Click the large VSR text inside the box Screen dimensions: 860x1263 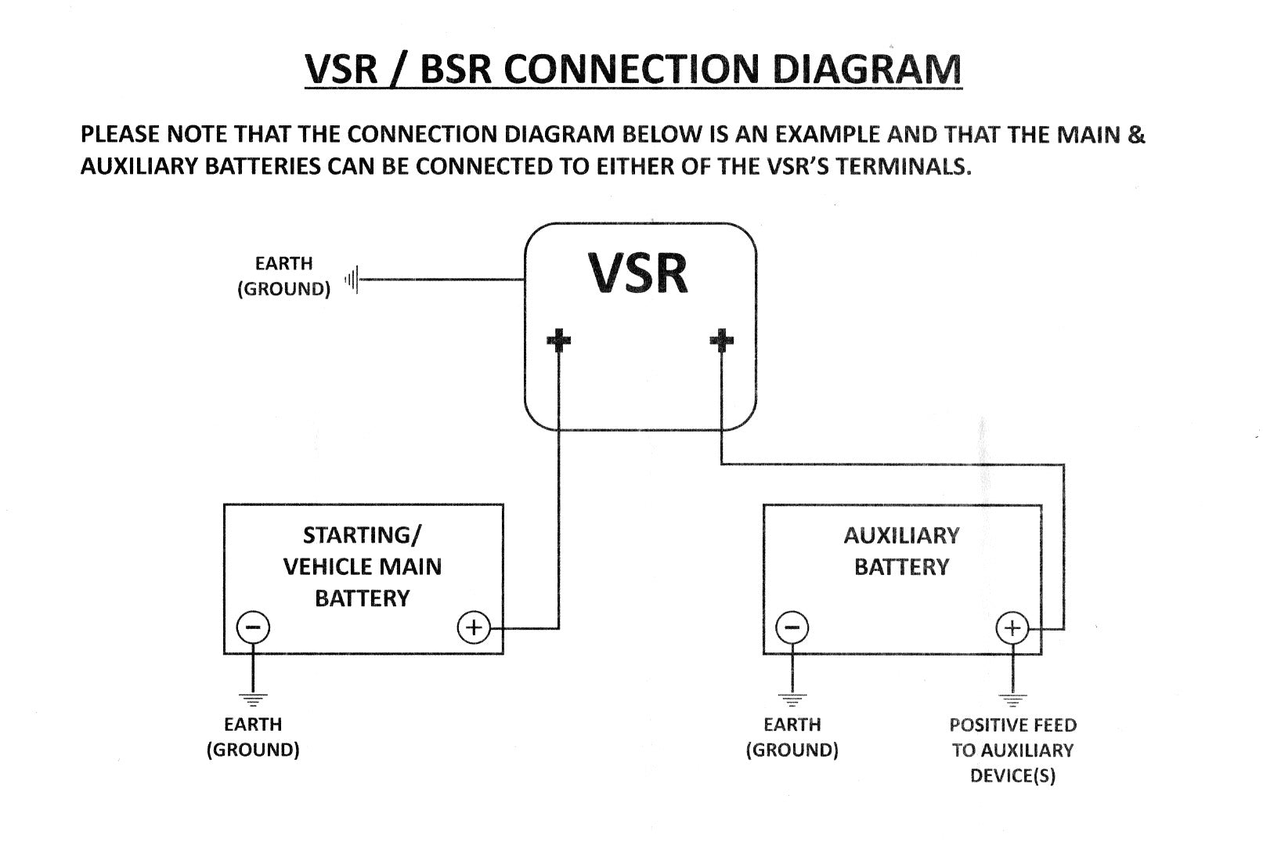pos(639,273)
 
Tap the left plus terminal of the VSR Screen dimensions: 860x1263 pos(558,340)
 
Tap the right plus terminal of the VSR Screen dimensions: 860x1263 pos(721,340)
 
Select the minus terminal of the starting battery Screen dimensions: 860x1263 pos(253,627)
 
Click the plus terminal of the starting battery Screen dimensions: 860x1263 pos(473,627)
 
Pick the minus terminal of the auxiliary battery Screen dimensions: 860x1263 pos(792,627)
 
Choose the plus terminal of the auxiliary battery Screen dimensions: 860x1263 pos(1012,627)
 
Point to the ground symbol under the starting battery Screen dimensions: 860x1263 pos(253,698)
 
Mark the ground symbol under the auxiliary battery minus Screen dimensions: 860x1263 pos(792,698)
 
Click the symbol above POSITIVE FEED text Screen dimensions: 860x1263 pos(1012,698)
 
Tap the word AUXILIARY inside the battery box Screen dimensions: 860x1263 pos(901,536)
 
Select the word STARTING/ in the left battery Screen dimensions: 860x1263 pos(362,536)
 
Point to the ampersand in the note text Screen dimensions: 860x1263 pos(1136,135)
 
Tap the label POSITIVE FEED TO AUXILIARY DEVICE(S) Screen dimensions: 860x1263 pos(1012,750)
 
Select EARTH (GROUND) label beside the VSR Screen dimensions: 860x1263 pos(283,276)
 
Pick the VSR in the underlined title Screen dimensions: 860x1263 pos(341,69)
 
